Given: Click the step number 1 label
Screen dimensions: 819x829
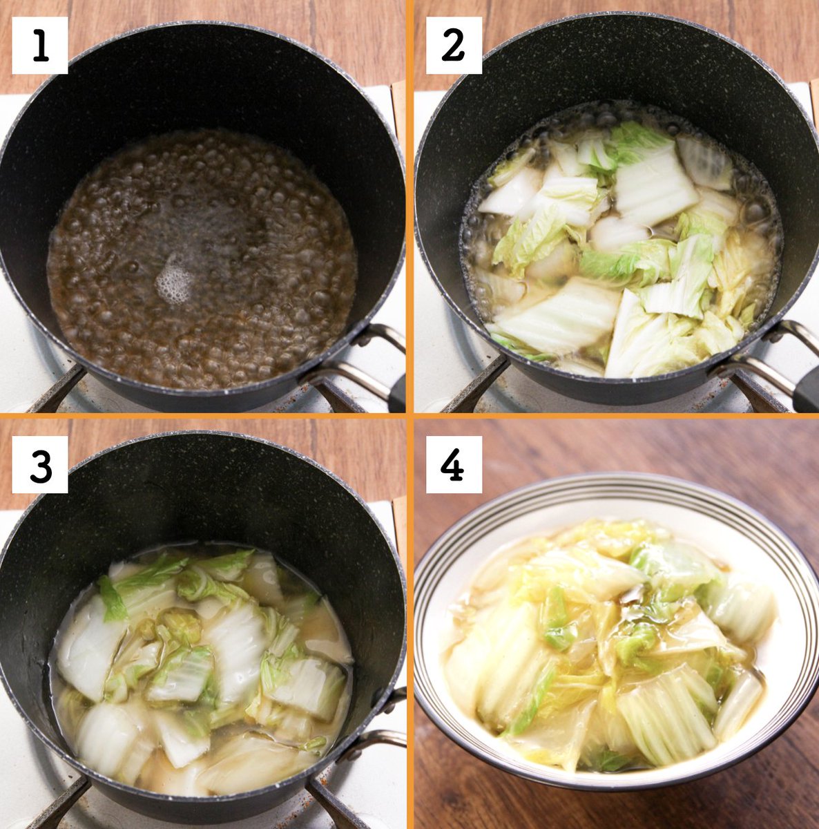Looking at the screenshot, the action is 40,45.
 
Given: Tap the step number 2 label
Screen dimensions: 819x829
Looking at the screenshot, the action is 454,45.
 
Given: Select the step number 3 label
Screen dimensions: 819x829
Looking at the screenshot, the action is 40,464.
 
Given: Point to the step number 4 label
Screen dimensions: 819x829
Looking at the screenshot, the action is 454,464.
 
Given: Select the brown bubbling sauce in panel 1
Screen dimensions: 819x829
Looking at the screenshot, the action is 202,258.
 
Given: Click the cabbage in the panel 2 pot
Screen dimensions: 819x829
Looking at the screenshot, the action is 619,249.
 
